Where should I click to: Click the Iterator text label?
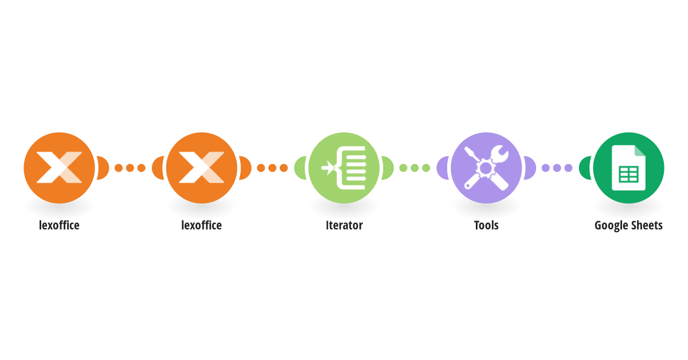click(344, 225)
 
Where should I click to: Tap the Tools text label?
click(486, 225)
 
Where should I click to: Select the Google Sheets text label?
click(628, 226)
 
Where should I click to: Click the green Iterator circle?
click(344, 168)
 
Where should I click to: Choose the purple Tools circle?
click(486, 168)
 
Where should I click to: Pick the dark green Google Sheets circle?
click(628, 168)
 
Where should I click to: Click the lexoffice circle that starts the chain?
click(59, 168)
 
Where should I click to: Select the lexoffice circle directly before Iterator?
click(201, 168)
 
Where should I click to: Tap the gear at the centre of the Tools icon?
click(486, 168)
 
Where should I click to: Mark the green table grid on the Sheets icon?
click(629, 174)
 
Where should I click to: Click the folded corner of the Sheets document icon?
click(640, 151)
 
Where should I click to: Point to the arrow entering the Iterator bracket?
click(328, 168)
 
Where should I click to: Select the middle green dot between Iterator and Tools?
click(415, 168)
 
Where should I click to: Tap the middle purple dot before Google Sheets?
click(557, 168)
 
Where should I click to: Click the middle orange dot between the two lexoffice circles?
click(130, 168)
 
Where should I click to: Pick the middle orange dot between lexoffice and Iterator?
click(272, 168)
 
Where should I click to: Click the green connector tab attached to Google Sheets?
click(585, 168)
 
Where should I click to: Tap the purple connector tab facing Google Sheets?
click(530, 168)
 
